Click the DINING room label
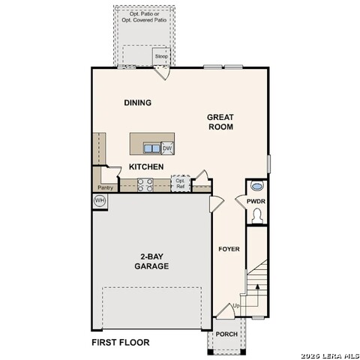point(137,103)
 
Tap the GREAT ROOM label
point(221,121)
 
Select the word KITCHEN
point(146,166)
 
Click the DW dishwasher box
point(167,148)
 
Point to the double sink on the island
point(151,148)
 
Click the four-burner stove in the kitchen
point(145,184)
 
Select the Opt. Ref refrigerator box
point(180,184)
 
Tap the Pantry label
point(105,187)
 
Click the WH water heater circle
point(100,200)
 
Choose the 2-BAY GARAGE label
point(151,261)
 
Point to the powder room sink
point(257,187)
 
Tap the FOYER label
point(229,249)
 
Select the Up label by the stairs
point(237,306)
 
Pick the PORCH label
point(226,334)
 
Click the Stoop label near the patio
point(161,57)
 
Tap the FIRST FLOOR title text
point(120,343)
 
